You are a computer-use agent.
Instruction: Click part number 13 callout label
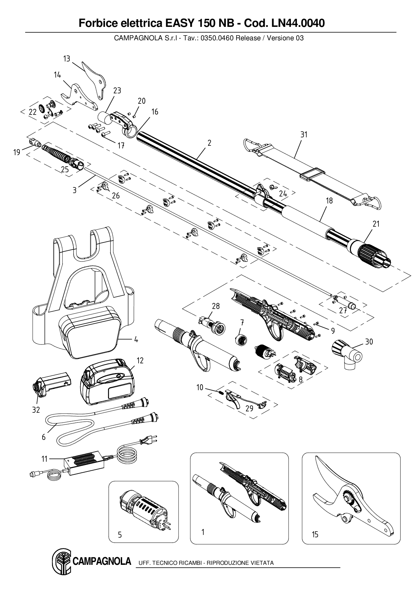tap(66, 59)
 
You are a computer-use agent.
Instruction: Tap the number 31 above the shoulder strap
tap(304, 134)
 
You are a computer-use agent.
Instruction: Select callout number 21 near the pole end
tap(376, 224)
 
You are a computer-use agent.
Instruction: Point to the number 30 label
tap(369, 342)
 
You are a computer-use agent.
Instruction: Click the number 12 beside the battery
tap(140, 361)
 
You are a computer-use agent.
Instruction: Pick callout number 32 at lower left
tap(36, 410)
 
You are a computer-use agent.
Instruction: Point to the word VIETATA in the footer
tap(262, 563)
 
